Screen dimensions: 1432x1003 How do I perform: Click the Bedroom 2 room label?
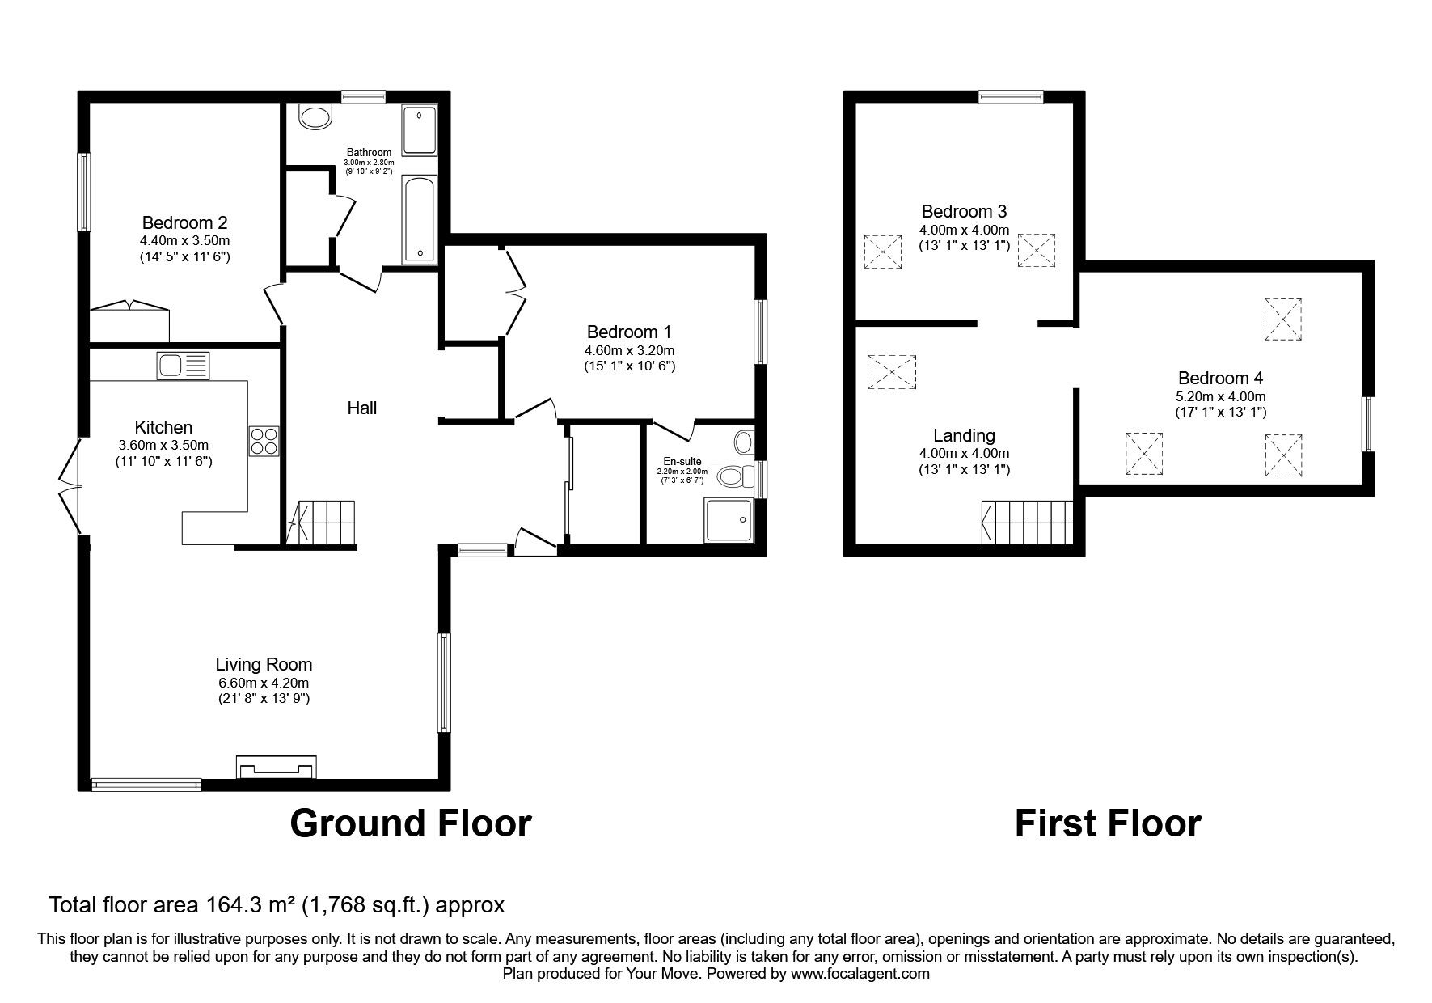tap(184, 222)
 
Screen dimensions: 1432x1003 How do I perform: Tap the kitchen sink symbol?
tap(184, 366)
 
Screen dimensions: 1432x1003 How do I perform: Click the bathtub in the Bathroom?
tap(420, 220)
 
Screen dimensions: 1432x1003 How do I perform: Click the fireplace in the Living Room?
tap(277, 766)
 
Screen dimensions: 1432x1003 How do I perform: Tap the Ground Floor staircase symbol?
tap(323, 523)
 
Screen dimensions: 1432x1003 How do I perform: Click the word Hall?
tap(362, 408)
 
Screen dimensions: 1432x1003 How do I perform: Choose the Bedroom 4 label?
tap(1220, 378)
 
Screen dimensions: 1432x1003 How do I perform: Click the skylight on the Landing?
tap(892, 372)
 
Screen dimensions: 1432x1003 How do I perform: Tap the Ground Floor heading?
tap(411, 823)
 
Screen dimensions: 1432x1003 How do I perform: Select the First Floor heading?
tap(1108, 823)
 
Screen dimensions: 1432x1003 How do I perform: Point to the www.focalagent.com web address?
tap(860, 974)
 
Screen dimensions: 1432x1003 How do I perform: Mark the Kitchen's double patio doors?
tap(70, 486)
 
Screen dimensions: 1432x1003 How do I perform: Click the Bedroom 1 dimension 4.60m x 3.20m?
tap(630, 350)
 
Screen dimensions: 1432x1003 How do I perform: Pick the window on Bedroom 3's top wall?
tap(1011, 97)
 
